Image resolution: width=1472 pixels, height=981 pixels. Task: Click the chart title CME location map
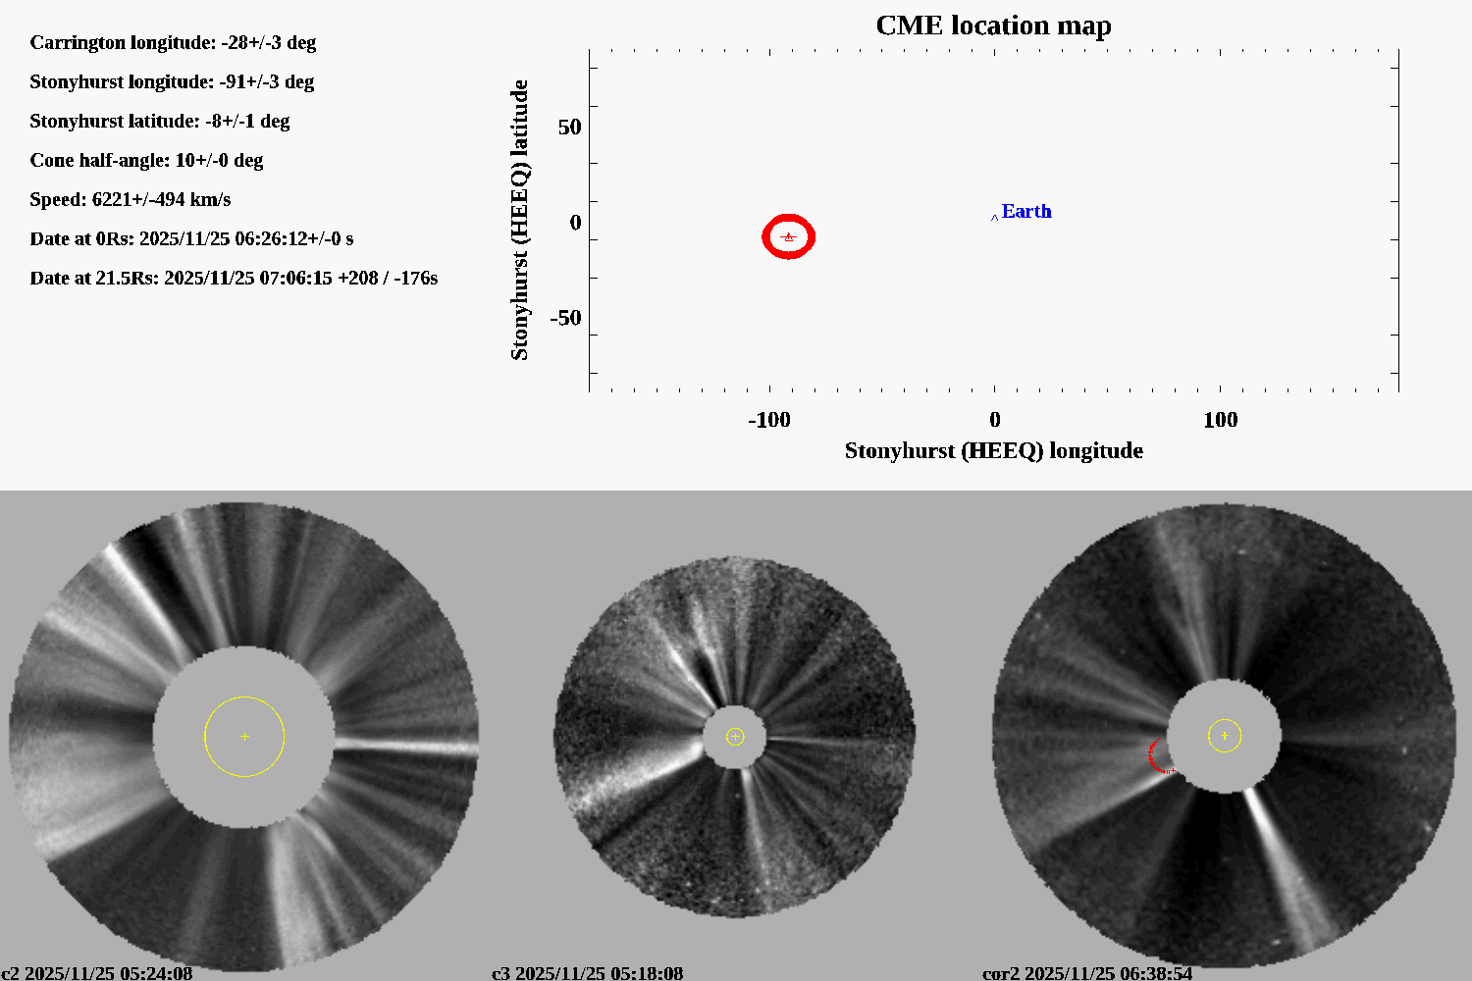(x=993, y=26)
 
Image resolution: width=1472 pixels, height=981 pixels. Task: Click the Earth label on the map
(x=1025, y=212)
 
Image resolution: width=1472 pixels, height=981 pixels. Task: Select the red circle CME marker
(x=789, y=236)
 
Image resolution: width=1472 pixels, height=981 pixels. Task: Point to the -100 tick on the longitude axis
(x=768, y=420)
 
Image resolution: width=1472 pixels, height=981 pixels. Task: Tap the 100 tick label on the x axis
(x=1220, y=420)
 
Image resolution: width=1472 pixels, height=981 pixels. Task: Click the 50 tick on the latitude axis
(x=569, y=128)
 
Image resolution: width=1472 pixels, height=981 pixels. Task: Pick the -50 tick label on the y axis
(x=564, y=318)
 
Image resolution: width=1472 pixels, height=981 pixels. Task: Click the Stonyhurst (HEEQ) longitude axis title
(x=993, y=450)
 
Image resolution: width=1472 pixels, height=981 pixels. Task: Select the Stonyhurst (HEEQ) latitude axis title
(x=519, y=220)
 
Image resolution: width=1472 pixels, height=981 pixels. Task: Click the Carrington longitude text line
(x=173, y=43)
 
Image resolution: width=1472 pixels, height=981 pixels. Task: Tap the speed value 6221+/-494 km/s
(x=161, y=200)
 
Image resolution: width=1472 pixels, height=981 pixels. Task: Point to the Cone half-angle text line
(x=146, y=161)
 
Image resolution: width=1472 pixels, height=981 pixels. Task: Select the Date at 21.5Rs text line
(x=234, y=279)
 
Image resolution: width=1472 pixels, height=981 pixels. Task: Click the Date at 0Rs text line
(x=191, y=239)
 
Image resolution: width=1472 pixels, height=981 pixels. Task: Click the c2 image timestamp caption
(x=97, y=973)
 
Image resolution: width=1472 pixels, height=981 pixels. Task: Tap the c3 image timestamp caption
(x=587, y=973)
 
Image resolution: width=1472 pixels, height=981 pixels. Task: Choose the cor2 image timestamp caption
(x=1087, y=973)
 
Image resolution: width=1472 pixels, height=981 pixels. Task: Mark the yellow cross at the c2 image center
(x=244, y=737)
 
